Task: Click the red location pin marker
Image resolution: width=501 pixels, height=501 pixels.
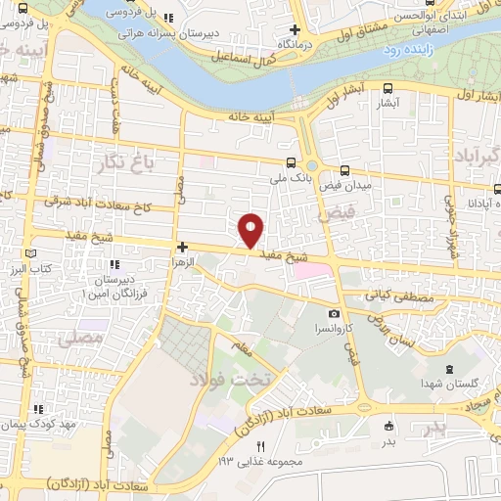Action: tap(251, 229)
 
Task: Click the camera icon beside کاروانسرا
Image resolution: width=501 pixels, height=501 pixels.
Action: tap(335, 314)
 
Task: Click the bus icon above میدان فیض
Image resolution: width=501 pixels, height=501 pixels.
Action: tap(343, 168)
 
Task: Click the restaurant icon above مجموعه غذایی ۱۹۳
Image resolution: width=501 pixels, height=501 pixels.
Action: tap(260, 446)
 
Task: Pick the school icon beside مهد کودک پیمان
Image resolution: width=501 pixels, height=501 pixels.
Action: tap(38, 409)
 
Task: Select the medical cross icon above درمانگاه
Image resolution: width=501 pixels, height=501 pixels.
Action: tap(295, 30)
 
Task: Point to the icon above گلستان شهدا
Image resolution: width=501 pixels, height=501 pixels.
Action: tap(448, 369)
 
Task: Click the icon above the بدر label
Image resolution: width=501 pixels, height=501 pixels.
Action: tap(389, 426)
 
